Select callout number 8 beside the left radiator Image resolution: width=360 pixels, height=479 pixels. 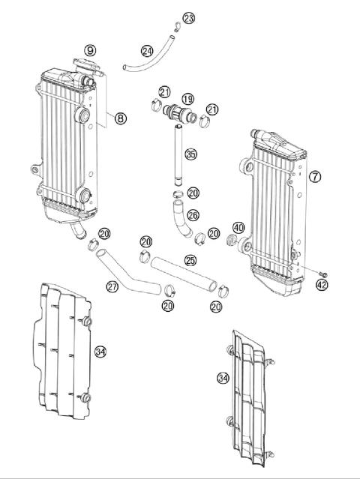pos(120,117)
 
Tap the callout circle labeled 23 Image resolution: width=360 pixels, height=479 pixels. pos(188,17)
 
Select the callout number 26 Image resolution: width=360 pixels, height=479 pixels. pos(192,215)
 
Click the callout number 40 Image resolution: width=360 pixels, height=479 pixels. pos(238,228)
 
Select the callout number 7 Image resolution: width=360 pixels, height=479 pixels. pos(315,177)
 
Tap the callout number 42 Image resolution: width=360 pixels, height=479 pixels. pos(322,285)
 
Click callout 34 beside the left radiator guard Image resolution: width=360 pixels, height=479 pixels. pos(100,351)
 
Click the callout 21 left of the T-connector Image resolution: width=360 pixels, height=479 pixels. pos(164,92)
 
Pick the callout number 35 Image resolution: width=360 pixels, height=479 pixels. pos(191,154)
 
